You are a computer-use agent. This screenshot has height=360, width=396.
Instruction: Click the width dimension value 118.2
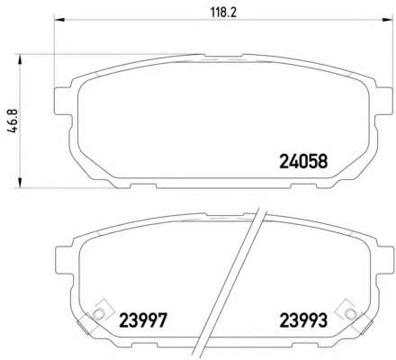[223, 13]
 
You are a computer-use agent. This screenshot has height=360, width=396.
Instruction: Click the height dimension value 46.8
[13, 121]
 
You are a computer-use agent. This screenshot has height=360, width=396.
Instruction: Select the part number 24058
[303, 161]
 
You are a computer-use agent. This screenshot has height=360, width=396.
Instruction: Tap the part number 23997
[143, 320]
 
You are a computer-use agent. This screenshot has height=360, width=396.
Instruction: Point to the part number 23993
[303, 320]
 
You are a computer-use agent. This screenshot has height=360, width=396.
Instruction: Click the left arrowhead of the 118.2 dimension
[59, 20]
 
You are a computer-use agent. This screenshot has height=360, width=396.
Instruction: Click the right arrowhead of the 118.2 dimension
[387, 20]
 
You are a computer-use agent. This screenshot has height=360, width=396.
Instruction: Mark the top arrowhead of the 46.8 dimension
[20, 59]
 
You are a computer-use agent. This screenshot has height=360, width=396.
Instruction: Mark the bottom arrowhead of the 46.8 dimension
[20, 183]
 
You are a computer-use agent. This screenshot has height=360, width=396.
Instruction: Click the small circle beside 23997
[98, 314]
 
